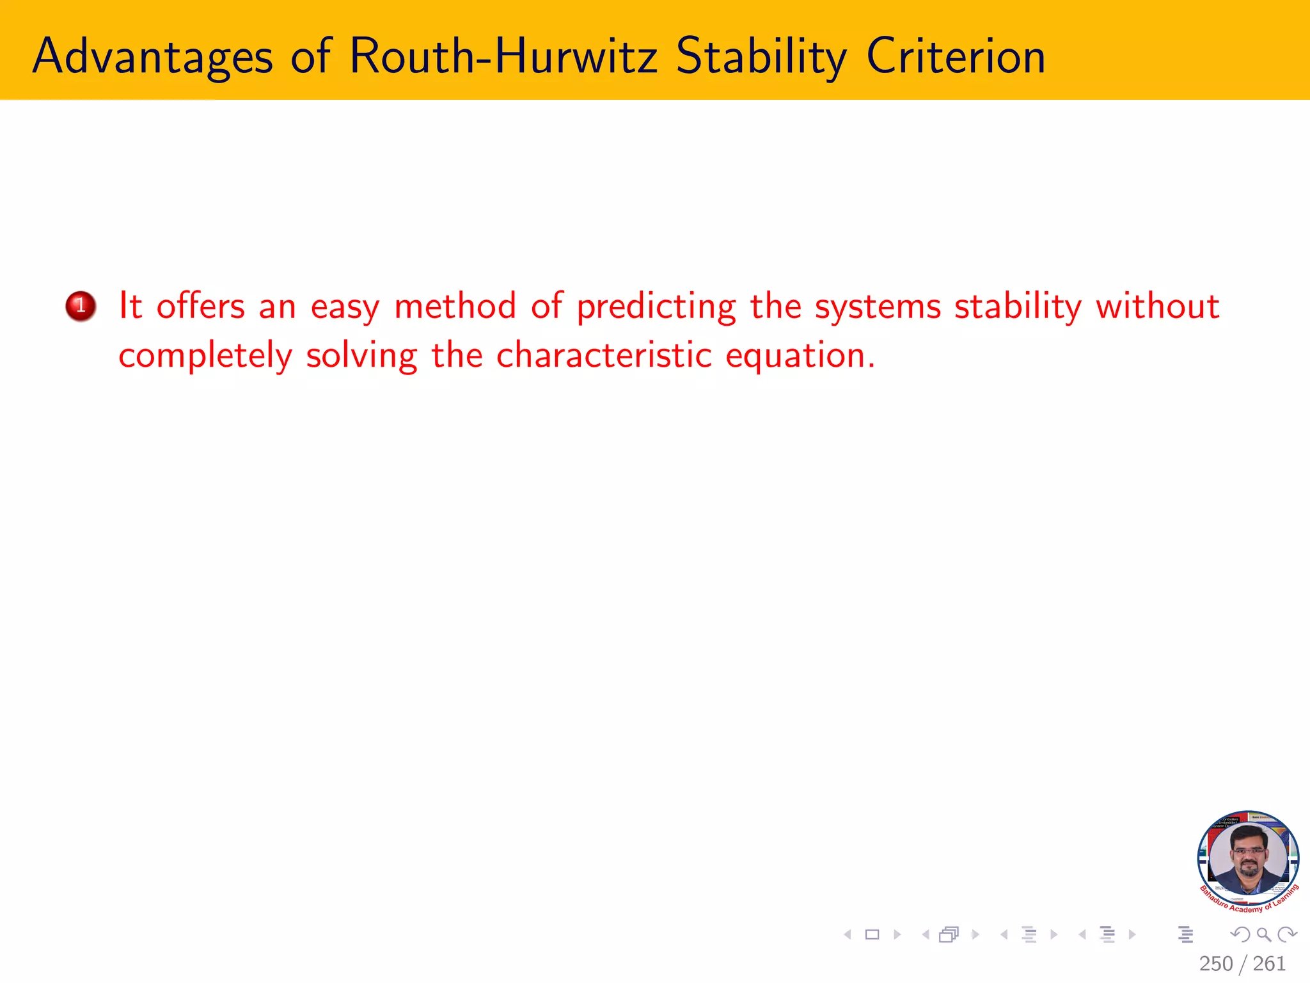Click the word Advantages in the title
(x=152, y=58)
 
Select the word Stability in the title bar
(x=761, y=58)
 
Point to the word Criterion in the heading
(x=956, y=56)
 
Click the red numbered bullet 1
(x=81, y=306)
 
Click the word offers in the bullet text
(x=201, y=306)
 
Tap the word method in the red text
(x=455, y=306)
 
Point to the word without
(x=1158, y=306)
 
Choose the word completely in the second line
(x=205, y=356)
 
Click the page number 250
(x=1215, y=963)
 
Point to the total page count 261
(x=1269, y=963)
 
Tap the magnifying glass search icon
(x=1263, y=935)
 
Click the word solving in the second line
(x=361, y=356)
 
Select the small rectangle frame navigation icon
(x=872, y=935)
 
